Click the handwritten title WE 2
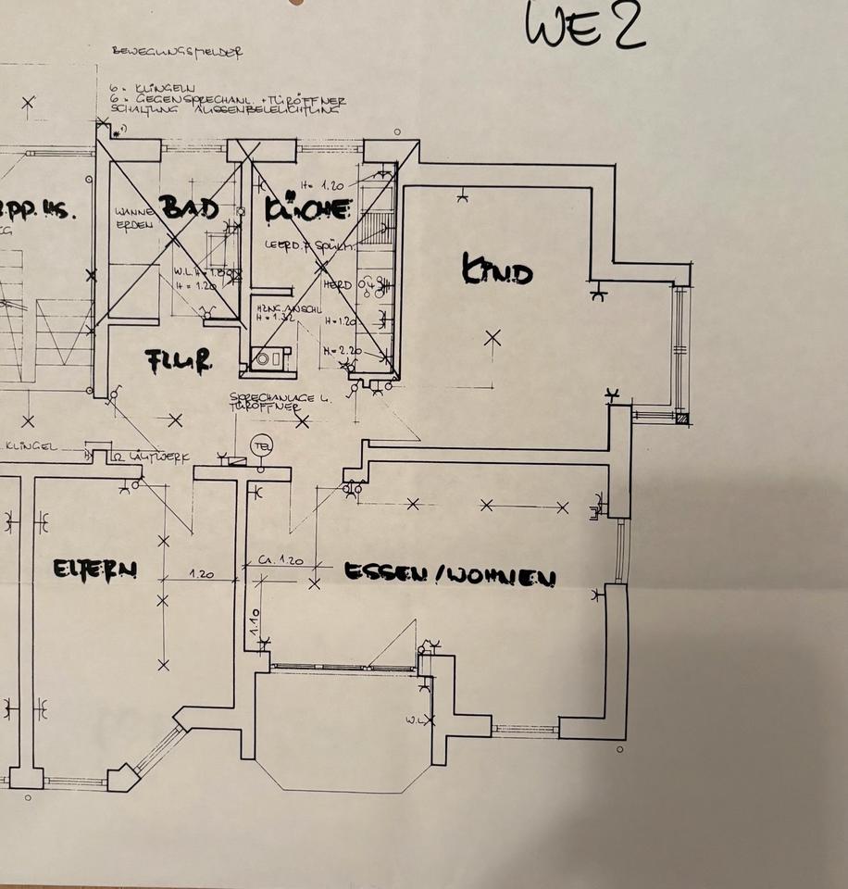pos(584,25)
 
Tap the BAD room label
pos(190,207)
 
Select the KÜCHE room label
pos(308,210)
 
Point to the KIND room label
pos(497,272)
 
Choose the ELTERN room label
pos(94,569)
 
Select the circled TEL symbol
pos(263,444)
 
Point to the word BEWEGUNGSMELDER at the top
pos(176,53)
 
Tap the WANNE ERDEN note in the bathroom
pos(129,219)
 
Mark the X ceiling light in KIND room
pos(493,338)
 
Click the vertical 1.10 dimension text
pos(254,621)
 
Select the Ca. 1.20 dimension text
pos(281,561)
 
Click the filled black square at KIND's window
pos(682,419)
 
